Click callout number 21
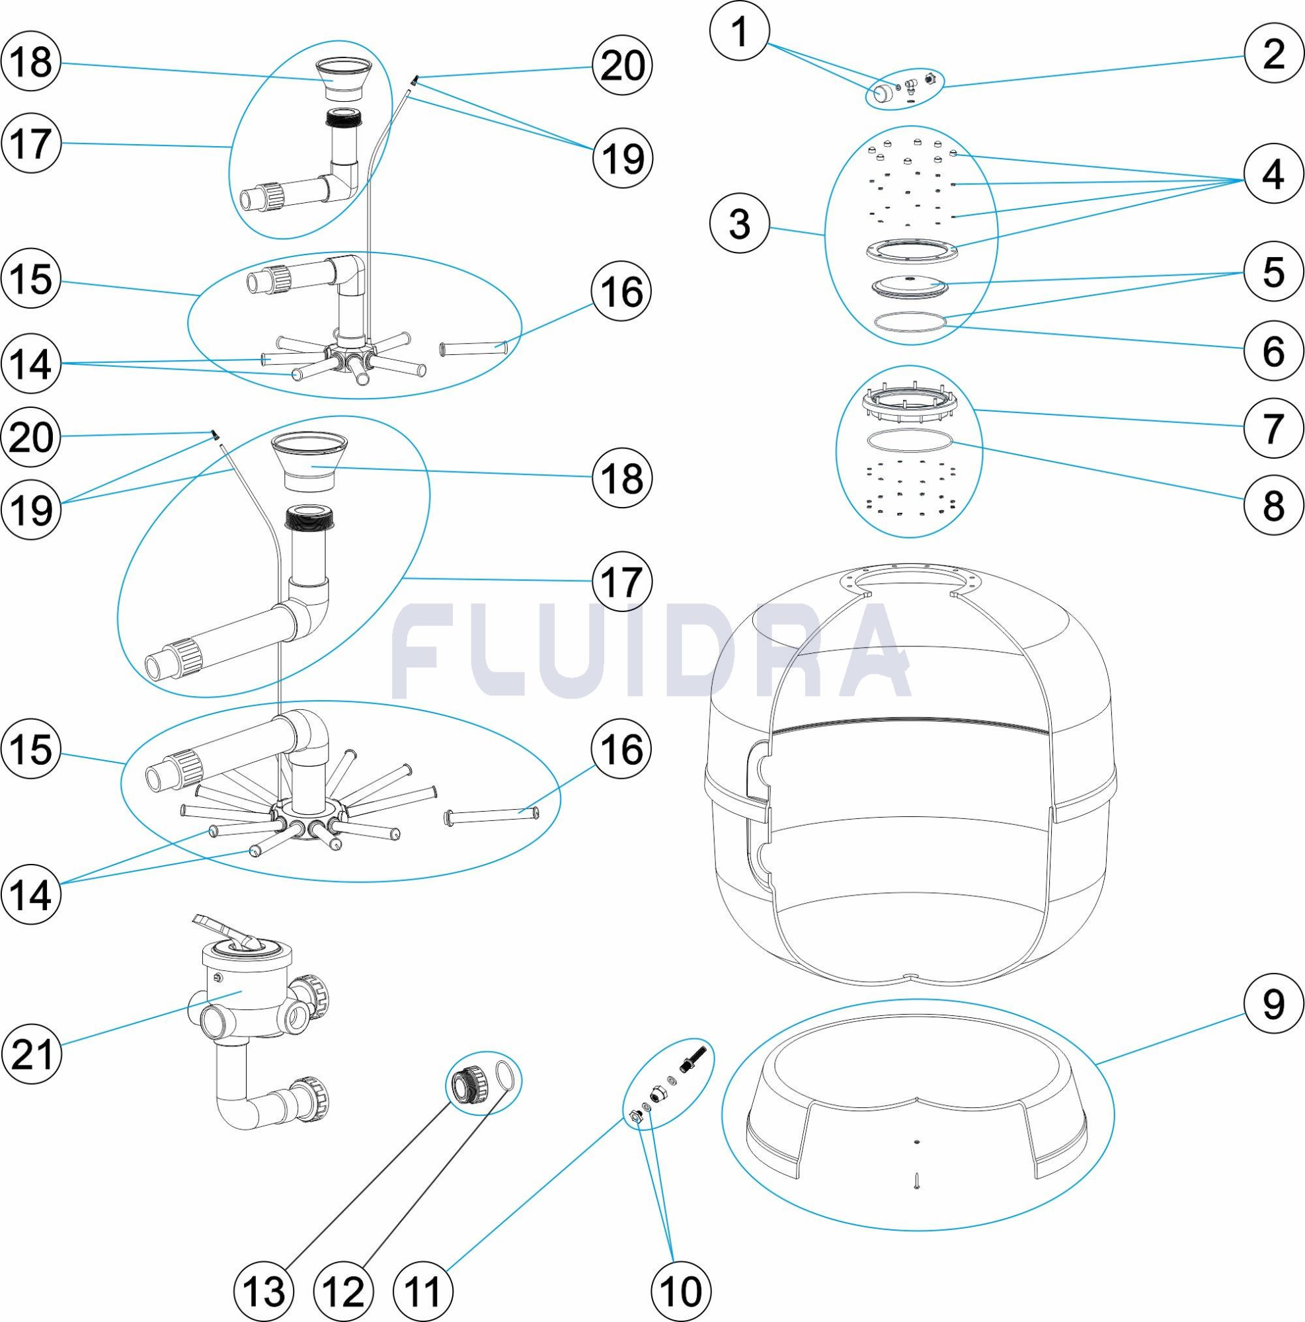coord(32,1054)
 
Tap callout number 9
coord(1273,1005)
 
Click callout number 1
coord(740,33)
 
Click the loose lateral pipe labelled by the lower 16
coord(491,814)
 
